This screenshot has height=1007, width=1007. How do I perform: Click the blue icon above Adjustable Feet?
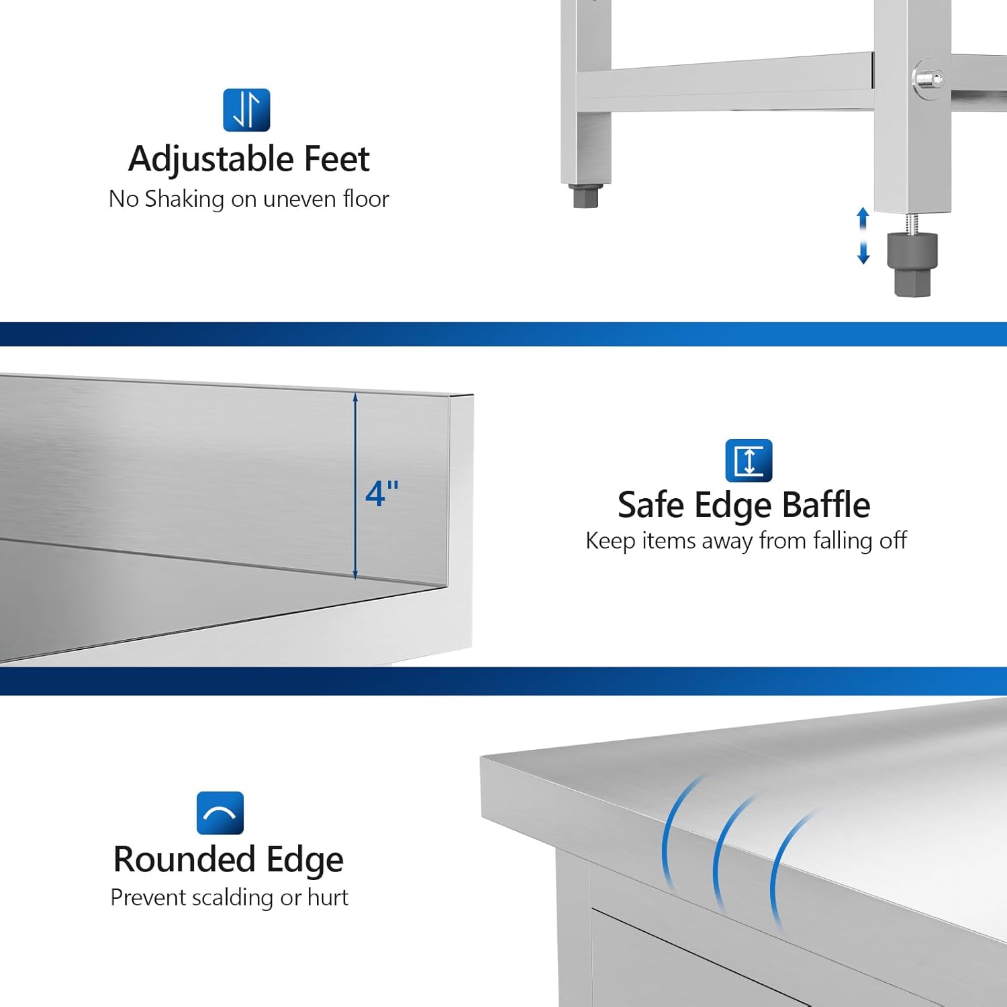[x=246, y=110]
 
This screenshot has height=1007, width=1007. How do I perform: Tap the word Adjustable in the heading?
[x=211, y=160]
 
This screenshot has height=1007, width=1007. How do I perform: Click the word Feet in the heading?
[x=336, y=159]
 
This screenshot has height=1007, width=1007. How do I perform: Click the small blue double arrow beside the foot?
[x=863, y=236]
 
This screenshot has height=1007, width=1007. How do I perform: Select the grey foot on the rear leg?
[x=585, y=196]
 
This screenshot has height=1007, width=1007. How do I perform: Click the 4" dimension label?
[x=382, y=493]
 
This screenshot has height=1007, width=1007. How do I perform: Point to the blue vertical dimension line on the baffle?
[x=355, y=537]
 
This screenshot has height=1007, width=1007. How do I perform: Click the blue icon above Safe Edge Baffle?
[x=749, y=461]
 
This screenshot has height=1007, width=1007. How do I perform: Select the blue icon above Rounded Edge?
[x=220, y=813]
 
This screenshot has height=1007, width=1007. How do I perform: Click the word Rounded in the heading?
[x=184, y=859]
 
